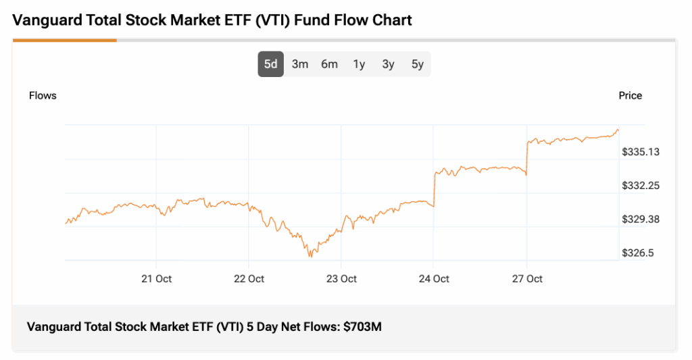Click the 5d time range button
pos(270,65)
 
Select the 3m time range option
pos(300,65)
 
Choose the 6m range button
pos(329,65)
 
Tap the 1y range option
pos(359,65)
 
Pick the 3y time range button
pos(388,65)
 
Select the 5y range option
pos(418,65)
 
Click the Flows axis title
pos(43,96)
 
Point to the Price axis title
pos(630,96)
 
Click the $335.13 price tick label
pos(641,152)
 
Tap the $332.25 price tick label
pos(641,186)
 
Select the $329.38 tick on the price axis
pos(641,220)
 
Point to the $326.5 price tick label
pos(638,253)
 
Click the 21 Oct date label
pos(156,279)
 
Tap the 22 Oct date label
pos(249,279)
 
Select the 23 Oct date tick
pos(341,279)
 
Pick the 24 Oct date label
pos(434,279)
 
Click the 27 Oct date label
pos(526,279)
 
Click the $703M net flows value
pos(362,328)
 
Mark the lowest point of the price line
pos(310,257)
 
